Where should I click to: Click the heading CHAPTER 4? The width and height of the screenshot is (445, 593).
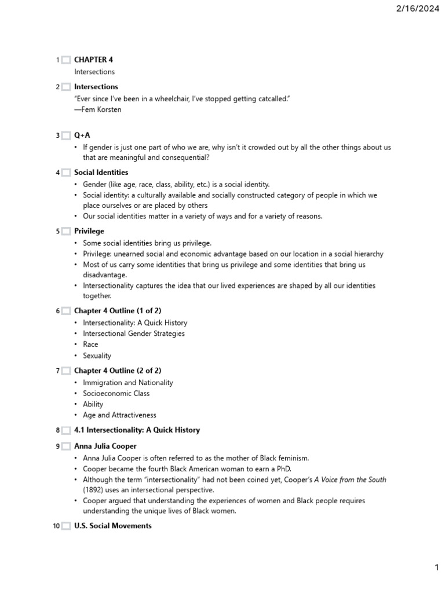pos(93,60)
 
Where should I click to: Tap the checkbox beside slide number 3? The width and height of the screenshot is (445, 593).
pos(66,136)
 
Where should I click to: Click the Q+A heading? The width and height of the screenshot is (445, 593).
pos(82,135)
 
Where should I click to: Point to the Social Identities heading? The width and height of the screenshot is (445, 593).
pos(101,173)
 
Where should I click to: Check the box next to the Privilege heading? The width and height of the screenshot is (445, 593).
pos(66,232)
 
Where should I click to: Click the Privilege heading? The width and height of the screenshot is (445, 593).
pos(89,231)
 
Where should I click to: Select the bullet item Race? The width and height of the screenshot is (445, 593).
pos(90,345)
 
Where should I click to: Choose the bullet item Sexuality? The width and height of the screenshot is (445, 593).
pos(97,356)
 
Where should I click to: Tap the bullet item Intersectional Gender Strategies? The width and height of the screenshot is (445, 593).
pos(134,334)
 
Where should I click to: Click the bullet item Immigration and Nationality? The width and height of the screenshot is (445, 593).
pos(127,383)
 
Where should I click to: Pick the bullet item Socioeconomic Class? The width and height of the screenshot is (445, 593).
pos(116,394)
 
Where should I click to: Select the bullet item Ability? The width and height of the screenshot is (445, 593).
pos(93,404)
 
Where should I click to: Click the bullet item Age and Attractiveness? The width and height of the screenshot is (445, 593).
pos(119,415)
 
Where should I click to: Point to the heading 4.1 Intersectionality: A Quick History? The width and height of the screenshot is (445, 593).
pos(137,430)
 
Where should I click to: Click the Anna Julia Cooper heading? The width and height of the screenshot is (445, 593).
pos(105,446)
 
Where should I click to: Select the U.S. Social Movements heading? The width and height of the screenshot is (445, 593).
pos(113,526)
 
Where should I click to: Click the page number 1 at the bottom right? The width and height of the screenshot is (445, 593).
pos(436,568)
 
